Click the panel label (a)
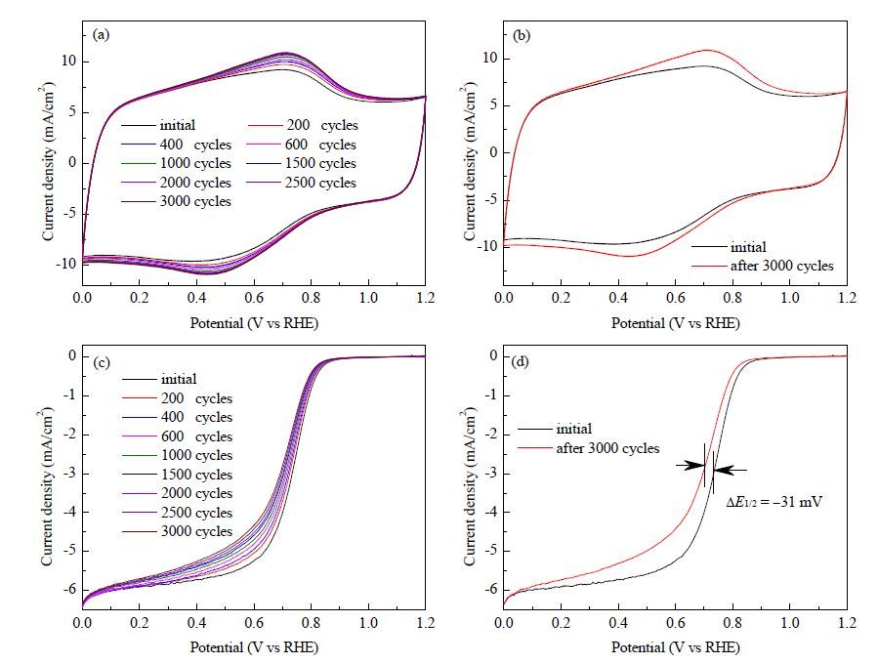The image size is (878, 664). tap(101, 35)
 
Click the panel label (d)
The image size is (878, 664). tap(522, 361)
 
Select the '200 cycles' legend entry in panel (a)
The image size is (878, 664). tap(303, 125)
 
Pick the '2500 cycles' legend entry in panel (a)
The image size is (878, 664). tap(302, 183)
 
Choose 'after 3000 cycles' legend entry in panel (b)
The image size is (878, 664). tap(763, 266)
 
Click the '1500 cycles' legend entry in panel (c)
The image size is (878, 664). tap(177, 475)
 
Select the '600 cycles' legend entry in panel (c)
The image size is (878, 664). tap(177, 436)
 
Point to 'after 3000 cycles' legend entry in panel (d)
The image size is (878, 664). tap(589, 448)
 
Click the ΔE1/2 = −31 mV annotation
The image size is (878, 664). tap(773, 502)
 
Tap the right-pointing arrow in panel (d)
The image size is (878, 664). tap(690, 465)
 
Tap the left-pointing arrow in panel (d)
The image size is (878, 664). tap(731, 471)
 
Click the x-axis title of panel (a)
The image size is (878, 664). tap(254, 323)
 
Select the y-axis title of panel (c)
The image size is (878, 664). tap(47, 487)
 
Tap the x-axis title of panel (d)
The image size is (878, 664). tap(675, 647)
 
